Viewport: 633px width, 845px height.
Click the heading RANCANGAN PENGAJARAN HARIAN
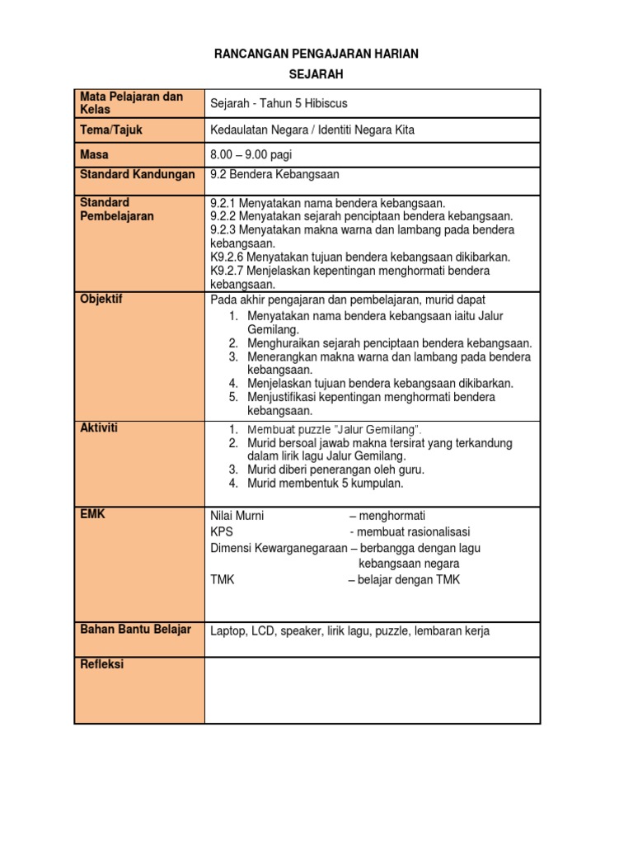point(316,54)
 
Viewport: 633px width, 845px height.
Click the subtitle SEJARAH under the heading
point(316,74)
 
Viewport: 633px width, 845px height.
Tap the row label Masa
point(94,154)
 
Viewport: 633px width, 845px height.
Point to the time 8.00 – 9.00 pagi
point(251,154)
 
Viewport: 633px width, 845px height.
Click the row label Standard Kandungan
point(137,174)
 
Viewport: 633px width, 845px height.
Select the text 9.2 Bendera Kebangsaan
point(274,174)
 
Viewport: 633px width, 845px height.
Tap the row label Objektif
point(101,299)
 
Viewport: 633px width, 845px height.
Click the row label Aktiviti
point(99,428)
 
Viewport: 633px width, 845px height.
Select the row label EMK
point(92,514)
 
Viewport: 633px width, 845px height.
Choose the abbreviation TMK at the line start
point(223,579)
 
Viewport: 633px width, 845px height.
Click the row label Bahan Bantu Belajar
point(135,630)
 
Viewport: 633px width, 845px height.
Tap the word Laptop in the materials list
point(228,631)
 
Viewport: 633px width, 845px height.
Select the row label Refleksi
point(101,664)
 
